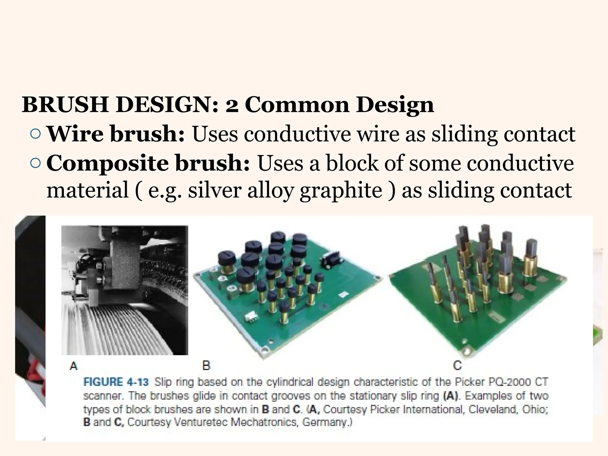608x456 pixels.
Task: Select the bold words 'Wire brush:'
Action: [116, 134]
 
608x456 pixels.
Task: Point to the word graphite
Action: [341, 191]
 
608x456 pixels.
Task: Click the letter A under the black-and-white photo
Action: [73, 366]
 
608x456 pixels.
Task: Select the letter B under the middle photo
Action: [206, 365]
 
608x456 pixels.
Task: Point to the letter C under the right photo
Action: [457, 365]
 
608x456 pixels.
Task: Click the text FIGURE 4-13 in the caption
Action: [116, 382]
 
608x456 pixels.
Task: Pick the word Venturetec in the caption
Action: [201, 422]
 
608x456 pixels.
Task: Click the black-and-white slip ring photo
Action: [125, 290]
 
